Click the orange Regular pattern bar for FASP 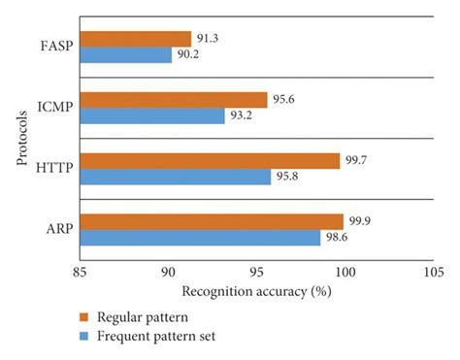135,39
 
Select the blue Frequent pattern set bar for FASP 125,55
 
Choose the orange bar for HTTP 210,161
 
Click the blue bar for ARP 200,238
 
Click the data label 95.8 287,178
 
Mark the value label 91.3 208,39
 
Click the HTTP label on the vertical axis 56,169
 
